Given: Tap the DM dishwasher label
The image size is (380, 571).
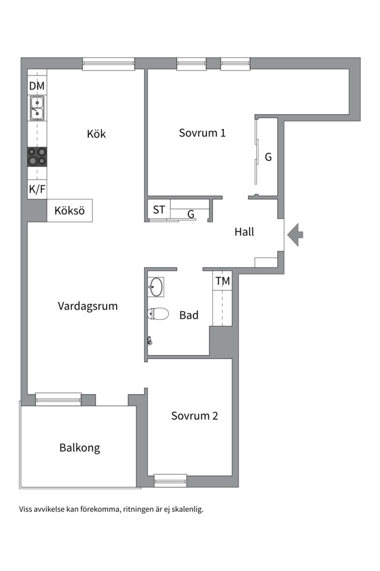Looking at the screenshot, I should click(x=37, y=86).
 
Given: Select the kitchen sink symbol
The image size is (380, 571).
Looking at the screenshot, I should click(x=37, y=108).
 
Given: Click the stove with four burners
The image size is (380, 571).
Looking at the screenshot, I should click(x=37, y=156).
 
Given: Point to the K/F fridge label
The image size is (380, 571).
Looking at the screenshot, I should click(x=37, y=190).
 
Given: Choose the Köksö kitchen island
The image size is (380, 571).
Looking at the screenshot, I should click(x=70, y=210).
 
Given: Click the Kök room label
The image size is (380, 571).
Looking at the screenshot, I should click(x=97, y=134).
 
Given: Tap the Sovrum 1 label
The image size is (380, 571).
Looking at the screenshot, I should click(x=202, y=133).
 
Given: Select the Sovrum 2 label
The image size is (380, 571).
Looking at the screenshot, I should click(x=194, y=416).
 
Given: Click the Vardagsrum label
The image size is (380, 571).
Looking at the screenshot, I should click(x=88, y=306).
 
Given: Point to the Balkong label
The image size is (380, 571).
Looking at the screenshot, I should click(x=80, y=448).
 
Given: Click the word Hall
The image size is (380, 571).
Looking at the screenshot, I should click(x=244, y=232).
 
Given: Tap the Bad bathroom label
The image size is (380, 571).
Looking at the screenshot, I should click(x=189, y=316).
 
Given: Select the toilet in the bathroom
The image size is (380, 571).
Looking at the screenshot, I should click(x=158, y=314).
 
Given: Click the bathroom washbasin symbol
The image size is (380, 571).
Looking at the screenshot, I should click(x=156, y=287).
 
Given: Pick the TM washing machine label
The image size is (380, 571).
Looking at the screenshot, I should click(x=223, y=282).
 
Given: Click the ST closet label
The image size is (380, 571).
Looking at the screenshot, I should click(x=159, y=210).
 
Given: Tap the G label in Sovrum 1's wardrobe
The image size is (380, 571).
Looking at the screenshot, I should click(x=268, y=157).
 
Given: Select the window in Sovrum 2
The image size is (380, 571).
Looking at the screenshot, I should click(x=170, y=480).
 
